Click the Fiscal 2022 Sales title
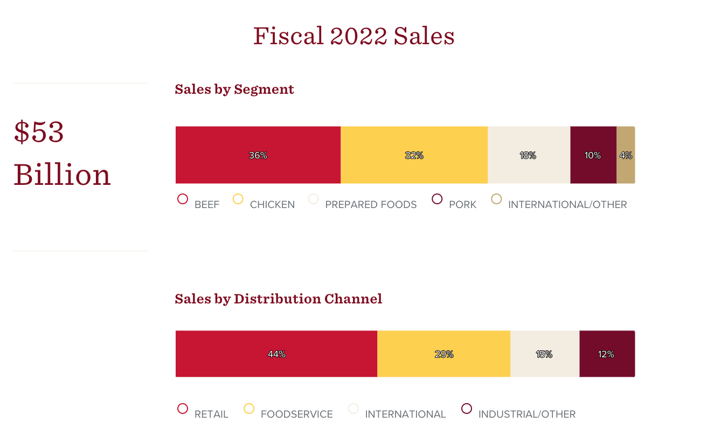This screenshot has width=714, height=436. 354,36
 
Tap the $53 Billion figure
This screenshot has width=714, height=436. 62,154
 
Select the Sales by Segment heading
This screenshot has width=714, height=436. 234,89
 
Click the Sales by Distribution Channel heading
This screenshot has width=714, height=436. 278,299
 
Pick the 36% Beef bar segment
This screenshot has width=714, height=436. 258,155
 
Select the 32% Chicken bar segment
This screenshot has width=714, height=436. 414,155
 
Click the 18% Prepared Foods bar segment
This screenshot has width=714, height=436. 528,155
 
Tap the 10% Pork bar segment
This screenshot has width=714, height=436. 593,155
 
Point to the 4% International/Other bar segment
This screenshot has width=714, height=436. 626,155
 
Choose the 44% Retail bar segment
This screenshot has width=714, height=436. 276,354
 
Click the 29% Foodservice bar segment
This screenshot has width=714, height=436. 443,354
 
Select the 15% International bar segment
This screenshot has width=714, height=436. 544,354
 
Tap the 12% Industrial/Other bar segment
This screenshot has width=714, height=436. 606,354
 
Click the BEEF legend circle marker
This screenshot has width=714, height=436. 183,199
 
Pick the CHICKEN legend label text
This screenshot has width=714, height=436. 272,205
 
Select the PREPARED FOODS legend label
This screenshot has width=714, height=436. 371,205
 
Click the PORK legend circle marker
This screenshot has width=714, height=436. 437,199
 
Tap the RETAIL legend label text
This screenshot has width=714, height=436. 211,414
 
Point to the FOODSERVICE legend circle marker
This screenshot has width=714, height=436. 249,409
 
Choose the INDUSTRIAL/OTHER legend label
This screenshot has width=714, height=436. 526,414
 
